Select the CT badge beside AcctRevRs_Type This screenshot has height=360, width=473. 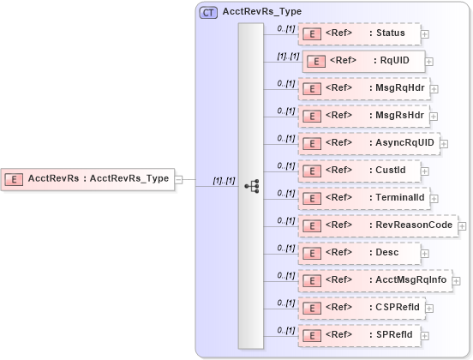pyautogui.click(x=208, y=12)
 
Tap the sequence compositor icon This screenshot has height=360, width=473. pyautogui.click(x=251, y=185)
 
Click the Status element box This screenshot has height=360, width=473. pyautogui.click(x=358, y=33)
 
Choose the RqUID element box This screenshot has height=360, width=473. pyautogui.click(x=363, y=62)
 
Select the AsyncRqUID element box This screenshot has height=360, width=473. pyautogui.click(x=368, y=143)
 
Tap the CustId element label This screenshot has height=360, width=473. pyautogui.click(x=391, y=170)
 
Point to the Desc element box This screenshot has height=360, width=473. pyautogui.click(x=358, y=253)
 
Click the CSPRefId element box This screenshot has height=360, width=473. pyautogui.click(x=361, y=307)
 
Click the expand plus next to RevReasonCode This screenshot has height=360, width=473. pyautogui.click(x=463, y=225)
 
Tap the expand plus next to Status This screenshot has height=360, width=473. pyautogui.click(x=425, y=34)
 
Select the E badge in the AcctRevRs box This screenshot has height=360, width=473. pyautogui.click(x=15, y=179)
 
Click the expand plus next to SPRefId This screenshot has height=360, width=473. pyautogui.click(x=425, y=335)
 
